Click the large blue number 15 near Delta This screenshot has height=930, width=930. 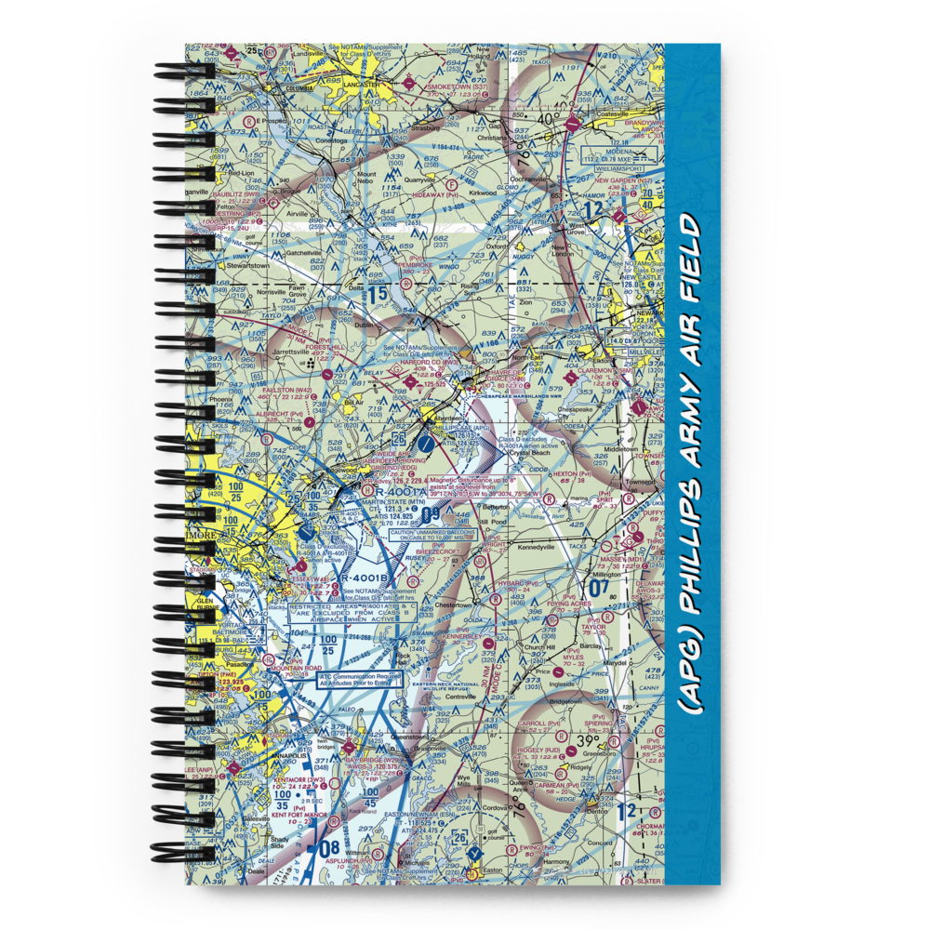tap(375, 294)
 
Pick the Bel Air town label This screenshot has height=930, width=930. tap(352, 403)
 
